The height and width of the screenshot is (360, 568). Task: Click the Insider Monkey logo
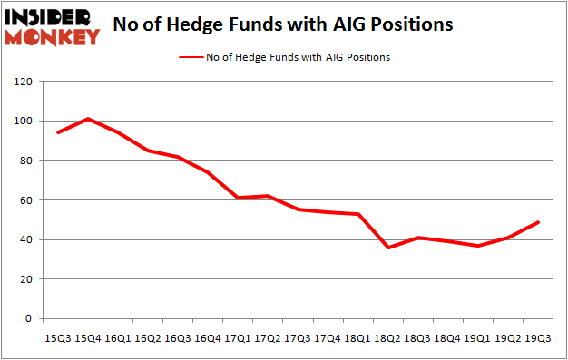[x=51, y=26]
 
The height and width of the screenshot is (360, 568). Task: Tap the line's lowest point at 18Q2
[x=387, y=248]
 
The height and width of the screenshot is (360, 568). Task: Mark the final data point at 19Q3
[x=538, y=222]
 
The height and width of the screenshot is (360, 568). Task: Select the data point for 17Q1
[x=236, y=198]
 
